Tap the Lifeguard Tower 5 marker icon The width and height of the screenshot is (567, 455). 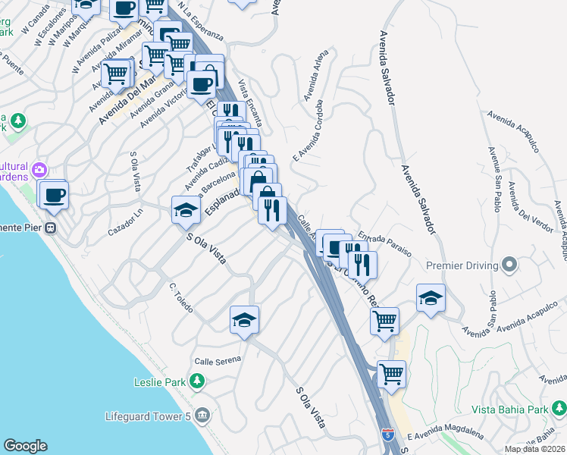[202, 416]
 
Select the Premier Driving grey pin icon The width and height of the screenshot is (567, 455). [510, 265]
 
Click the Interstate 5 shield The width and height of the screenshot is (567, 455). [388, 435]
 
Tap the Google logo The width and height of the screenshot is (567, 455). [26, 446]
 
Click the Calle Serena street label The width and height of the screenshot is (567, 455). [218, 359]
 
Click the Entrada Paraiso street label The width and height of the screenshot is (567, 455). [384, 243]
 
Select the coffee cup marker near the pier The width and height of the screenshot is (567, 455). [53, 195]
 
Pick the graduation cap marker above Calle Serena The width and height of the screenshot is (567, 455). [244, 321]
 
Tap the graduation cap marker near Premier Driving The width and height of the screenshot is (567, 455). [431, 298]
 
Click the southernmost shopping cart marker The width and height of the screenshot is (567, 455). [391, 374]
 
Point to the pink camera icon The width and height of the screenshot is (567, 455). [39, 170]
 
